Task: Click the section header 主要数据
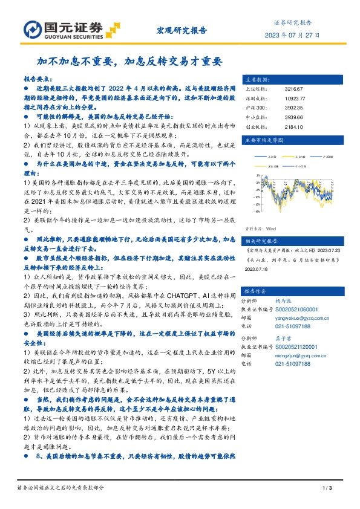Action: click(257, 79)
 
